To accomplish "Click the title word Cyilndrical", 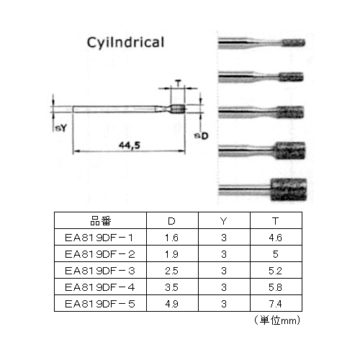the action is [x=125, y=42].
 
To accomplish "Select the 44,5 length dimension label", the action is [x=130, y=145].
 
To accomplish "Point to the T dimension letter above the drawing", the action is [x=178, y=84].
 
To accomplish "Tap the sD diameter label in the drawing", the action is [x=201, y=136].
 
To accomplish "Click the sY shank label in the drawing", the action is [x=60, y=128].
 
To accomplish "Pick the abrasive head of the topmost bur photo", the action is [x=293, y=42].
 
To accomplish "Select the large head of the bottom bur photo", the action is [x=289, y=189].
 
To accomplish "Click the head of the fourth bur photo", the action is [x=289, y=150].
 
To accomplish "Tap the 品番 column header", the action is [x=101, y=221].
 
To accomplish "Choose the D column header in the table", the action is [x=171, y=221].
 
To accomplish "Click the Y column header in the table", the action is [x=224, y=221].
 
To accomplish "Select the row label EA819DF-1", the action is [x=99, y=238].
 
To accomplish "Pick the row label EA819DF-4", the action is [x=100, y=287].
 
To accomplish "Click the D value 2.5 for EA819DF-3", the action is [x=171, y=271].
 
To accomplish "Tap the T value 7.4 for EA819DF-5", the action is [x=275, y=304].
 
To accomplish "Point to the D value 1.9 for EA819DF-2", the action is [x=171, y=254].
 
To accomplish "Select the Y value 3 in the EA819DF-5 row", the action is [x=224, y=304].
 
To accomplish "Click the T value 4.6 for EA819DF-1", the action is [x=275, y=238].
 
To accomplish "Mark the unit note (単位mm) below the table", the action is [x=277, y=320].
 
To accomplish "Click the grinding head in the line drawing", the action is [x=178, y=109].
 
